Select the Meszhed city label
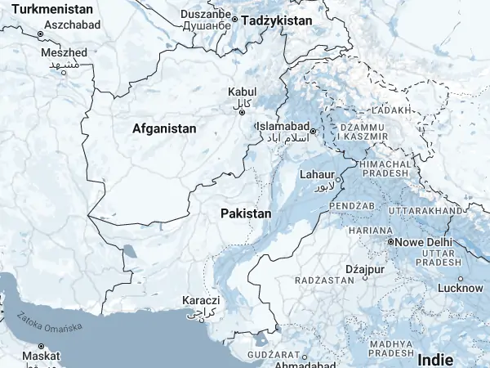coord(63,52)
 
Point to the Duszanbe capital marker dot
coord(234,20)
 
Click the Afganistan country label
coord(164,128)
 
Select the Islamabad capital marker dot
coord(313,129)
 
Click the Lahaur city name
coord(317,174)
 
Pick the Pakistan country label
coord(245,213)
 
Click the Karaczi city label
coord(201,300)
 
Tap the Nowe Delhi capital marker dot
coord(391,243)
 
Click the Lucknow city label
coord(461,288)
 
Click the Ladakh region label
coord(387,110)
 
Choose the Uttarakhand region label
coord(425,211)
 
